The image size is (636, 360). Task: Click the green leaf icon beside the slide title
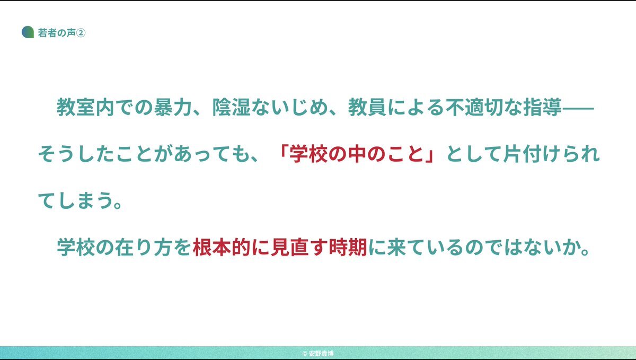pyautogui.click(x=28, y=32)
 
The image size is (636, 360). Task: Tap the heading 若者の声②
pyautogui.click(x=61, y=33)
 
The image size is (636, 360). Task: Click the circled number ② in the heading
pyautogui.click(x=81, y=33)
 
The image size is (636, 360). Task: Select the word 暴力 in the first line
pyautogui.click(x=173, y=107)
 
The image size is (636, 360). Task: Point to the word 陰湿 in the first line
pyautogui.click(x=232, y=107)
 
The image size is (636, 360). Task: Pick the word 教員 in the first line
pyautogui.click(x=367, y=107)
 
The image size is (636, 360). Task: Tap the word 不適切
pyautogui.click(x=475, y=107)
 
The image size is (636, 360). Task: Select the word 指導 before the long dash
pyautogui.click(x=543, y=107)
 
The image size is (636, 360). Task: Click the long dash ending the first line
pyautogui.click(x=578, y=108)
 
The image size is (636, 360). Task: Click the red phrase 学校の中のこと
pyautogui.click(x=357, y=154)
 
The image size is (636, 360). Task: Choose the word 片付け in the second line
pyautogui.click(x=528, y=154)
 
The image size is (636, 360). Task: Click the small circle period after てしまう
pyautogui.click(x=118, y=205)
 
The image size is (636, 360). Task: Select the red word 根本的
pyautogui.click(x=222, y=247)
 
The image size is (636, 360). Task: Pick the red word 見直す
pyautogui.click(x=299, y=247)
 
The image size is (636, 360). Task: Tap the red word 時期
pyautogui.click(x=348, y=247)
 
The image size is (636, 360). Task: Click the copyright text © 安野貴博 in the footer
pyautogui.click(x=318, y=353)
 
